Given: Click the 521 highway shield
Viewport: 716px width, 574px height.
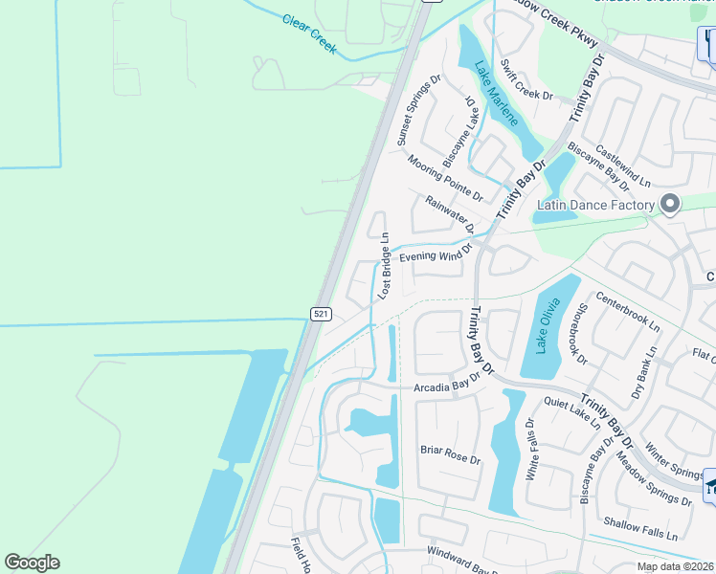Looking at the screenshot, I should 322,314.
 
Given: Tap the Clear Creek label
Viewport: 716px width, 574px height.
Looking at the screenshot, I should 310,33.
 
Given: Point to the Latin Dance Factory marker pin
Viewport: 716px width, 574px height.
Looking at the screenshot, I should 670,204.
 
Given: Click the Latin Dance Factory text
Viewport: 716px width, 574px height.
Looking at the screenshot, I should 594,205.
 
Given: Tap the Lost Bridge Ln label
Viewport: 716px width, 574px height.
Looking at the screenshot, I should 384,266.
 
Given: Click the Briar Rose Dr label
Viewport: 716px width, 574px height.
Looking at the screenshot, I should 450,454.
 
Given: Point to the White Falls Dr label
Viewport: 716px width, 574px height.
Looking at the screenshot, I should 533,454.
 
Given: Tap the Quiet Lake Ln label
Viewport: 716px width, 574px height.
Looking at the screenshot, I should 571,412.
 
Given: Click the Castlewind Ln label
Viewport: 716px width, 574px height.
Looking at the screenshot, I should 622,166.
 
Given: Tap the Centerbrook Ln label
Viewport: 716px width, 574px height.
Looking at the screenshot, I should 628,311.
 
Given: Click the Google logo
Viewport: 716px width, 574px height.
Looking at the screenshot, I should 33,563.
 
